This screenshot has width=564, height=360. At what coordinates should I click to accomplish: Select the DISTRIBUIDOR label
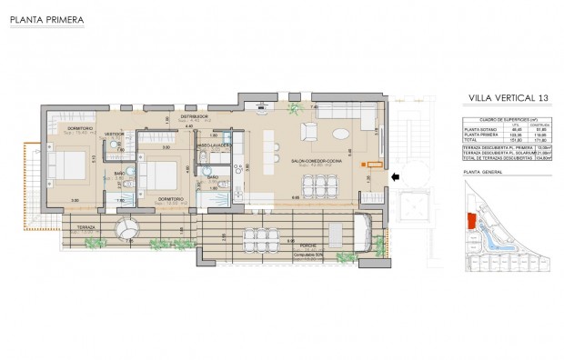(196, 116)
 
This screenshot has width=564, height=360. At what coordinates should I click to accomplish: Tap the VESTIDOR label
(114, 135)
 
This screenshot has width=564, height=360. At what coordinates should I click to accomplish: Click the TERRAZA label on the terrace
(86, 226)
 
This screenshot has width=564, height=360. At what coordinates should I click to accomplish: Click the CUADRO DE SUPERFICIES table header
(503, 119)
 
